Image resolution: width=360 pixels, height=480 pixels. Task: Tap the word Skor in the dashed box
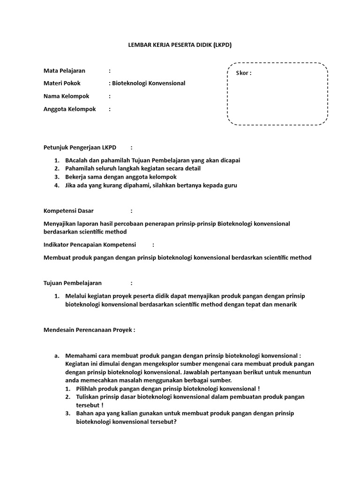coord(244,73)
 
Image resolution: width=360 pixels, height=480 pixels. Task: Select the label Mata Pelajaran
coord(64,71)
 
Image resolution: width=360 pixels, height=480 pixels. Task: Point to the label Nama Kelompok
coord(66,96)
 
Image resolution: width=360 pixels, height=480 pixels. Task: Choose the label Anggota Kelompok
coord(69,109)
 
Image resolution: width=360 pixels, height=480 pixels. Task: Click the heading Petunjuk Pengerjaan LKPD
coord(80,147)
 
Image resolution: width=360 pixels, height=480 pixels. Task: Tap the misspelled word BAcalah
coord(76,160)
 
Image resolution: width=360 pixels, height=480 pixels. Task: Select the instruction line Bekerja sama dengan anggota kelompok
coord(121,177)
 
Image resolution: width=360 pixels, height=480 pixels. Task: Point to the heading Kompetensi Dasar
coord(68,211)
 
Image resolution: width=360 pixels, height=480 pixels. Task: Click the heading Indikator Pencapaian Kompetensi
coord(90,245)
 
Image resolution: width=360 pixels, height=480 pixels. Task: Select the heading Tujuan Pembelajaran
coord(72,283)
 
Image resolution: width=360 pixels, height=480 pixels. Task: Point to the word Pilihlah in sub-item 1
coord(87,389)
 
